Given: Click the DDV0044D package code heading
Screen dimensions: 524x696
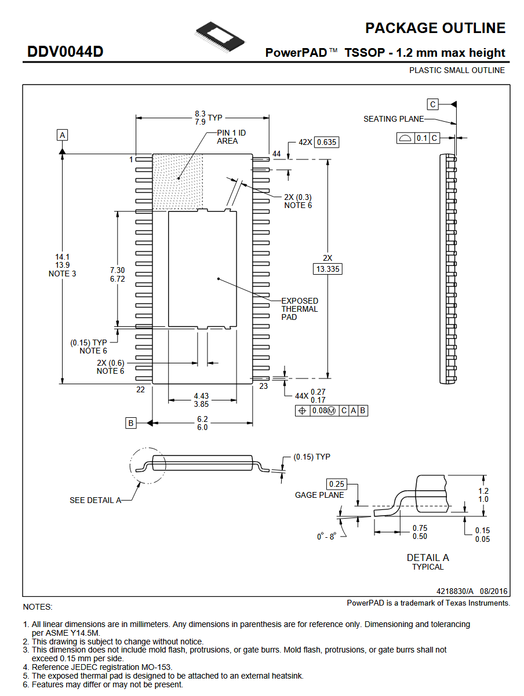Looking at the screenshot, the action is click(65, 52).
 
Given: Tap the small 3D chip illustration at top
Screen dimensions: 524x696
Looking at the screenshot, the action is click(220, 37).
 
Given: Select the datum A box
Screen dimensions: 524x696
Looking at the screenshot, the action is click(62, 135).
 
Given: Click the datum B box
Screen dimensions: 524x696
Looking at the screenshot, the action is click(130, 423).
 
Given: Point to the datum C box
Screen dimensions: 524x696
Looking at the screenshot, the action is click(432, 104).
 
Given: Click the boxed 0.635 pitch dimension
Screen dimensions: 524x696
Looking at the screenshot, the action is click(326, 142).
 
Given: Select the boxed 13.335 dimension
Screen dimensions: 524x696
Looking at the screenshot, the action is click(327, 269).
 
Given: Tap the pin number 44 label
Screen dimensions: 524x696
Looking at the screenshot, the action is click(276, 154).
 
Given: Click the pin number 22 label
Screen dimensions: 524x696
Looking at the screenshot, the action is click(140, 389).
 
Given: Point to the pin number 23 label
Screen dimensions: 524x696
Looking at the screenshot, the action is click(263, 386).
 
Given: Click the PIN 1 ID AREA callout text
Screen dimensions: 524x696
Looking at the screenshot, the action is click(231, 137).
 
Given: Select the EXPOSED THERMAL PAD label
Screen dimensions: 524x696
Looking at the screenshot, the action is click(300, 309).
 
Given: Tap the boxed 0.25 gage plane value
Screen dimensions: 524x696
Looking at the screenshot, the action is click(336, 484).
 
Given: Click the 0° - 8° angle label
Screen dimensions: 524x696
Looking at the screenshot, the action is click(326, 536).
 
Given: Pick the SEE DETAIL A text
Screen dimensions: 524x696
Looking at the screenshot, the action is click(96, 500).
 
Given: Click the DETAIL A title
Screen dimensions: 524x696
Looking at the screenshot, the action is click(428, 557).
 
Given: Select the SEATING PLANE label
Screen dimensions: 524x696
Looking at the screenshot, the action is click(394, 119).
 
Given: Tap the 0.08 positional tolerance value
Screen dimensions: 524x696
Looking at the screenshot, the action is click(319, 411).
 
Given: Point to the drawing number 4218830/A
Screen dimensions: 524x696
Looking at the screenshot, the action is click(454, 591).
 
